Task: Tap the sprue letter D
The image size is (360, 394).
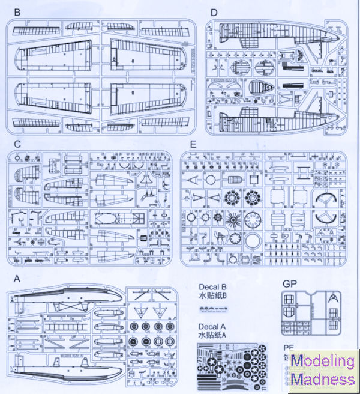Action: pos(214,13)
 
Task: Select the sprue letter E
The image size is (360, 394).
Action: pos(191,144)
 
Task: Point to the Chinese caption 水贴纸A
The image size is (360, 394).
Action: pos(215,336)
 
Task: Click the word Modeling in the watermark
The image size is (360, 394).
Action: pos(323,362)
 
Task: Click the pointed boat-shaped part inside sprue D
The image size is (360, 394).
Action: pos(260,87)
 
